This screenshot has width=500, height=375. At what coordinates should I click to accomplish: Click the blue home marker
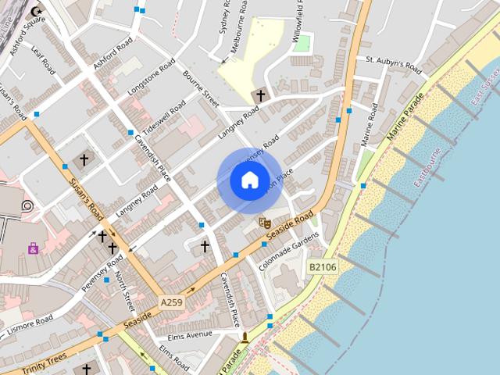pos(249,180)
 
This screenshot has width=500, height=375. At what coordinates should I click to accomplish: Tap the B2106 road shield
pos(322,267)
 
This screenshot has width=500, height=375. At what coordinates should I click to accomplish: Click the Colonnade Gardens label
pos(290,250)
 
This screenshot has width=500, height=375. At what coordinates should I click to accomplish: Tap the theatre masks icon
pos(264,223)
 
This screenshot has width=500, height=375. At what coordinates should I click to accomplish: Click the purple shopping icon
pos(33,248)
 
